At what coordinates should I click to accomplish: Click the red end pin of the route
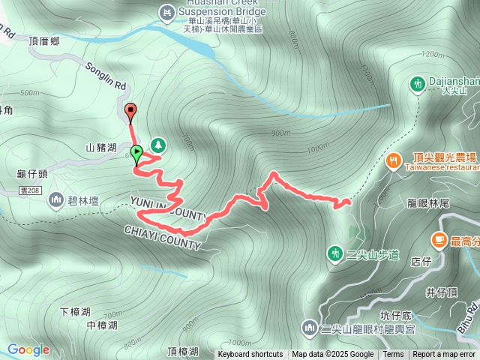tap(131, 111)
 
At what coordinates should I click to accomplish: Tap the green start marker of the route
tap(136, 154)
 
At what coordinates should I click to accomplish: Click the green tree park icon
tap(158, 144)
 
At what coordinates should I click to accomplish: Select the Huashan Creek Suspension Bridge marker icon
tap(165, 12)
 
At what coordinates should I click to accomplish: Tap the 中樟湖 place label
tap(101, 325)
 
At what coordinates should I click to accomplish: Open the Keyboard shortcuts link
tap(250, 355)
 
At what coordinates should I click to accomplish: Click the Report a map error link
tap(444, 355)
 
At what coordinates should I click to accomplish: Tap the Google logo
tap(28, 349)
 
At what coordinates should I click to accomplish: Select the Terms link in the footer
tap(393, 355)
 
